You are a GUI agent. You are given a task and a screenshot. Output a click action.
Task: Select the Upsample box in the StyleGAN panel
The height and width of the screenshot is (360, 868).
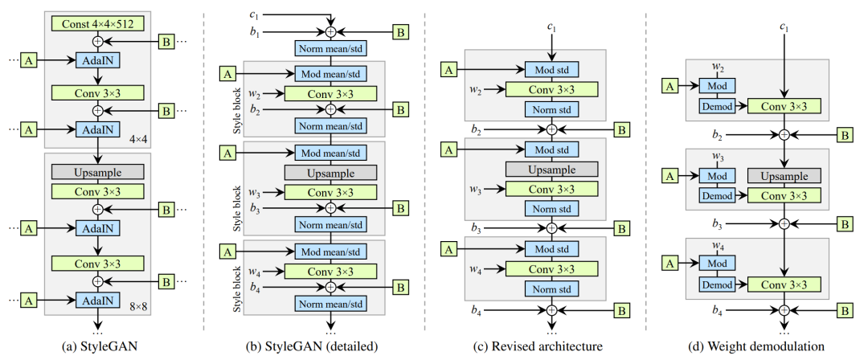[x=97, y=171]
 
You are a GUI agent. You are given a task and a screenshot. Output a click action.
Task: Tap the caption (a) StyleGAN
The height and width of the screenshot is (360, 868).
[x=97, y=346]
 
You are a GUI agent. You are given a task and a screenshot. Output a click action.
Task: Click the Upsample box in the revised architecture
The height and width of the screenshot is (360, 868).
[x=551, y=169]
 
